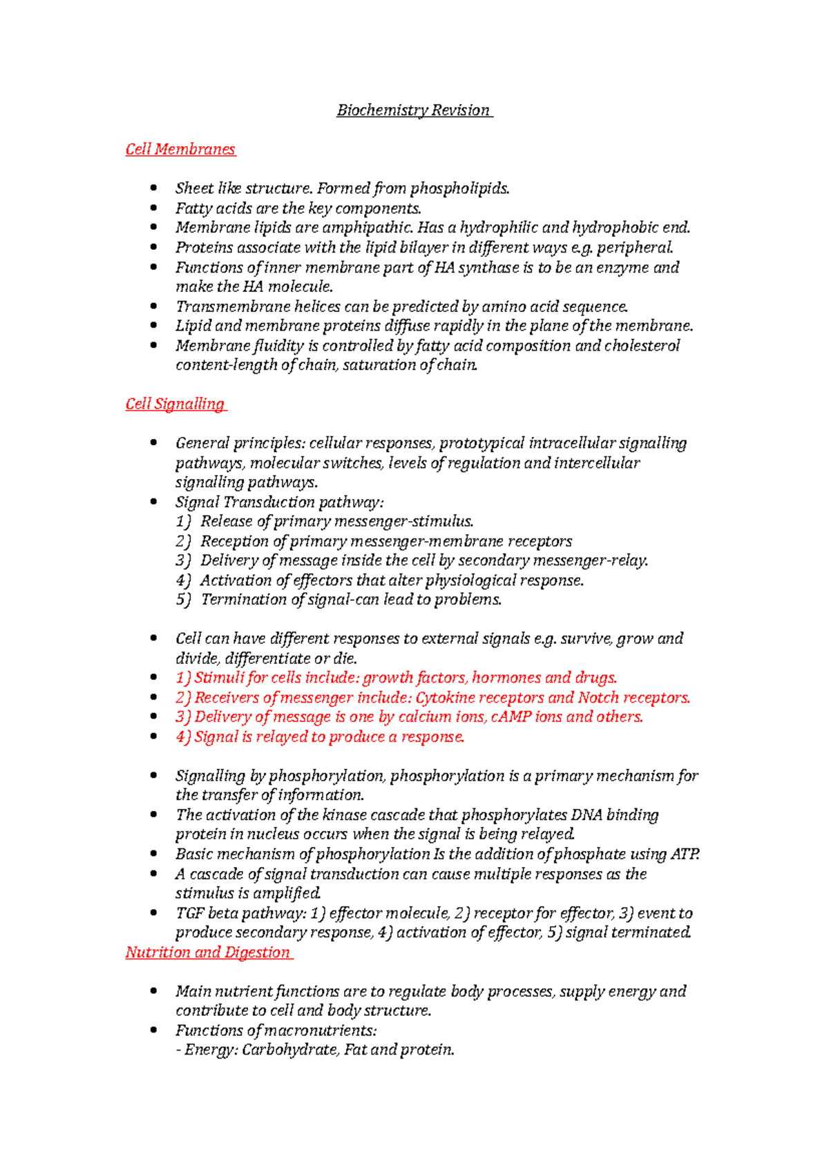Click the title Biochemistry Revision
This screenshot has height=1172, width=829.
pos(413,110)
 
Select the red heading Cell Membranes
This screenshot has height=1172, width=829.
pos(180,149)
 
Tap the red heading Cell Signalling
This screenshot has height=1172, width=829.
pos(175,404)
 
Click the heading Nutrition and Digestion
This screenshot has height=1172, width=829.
pos(208,953)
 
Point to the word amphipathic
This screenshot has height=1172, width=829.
pos(372,228)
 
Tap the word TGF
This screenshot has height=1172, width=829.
pos(189,913)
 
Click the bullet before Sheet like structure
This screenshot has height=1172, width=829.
pos(153,188)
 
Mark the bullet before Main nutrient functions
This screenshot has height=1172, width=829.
pos(153,992)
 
